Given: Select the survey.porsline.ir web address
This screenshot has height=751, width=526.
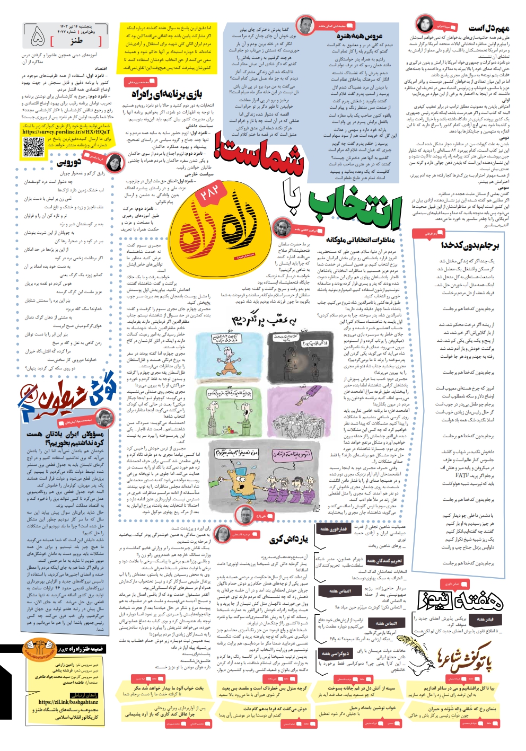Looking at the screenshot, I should (66, 132).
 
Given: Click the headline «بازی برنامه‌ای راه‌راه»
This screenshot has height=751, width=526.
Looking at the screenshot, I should (167, 94).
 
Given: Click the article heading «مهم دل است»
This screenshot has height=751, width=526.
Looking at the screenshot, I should (488, 28).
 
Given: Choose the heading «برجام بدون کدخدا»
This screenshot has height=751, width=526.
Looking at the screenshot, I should (470, 245).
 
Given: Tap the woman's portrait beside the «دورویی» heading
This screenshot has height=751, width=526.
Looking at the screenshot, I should (113, 161).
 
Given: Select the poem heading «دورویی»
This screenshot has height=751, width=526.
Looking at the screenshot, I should (69, 162).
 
